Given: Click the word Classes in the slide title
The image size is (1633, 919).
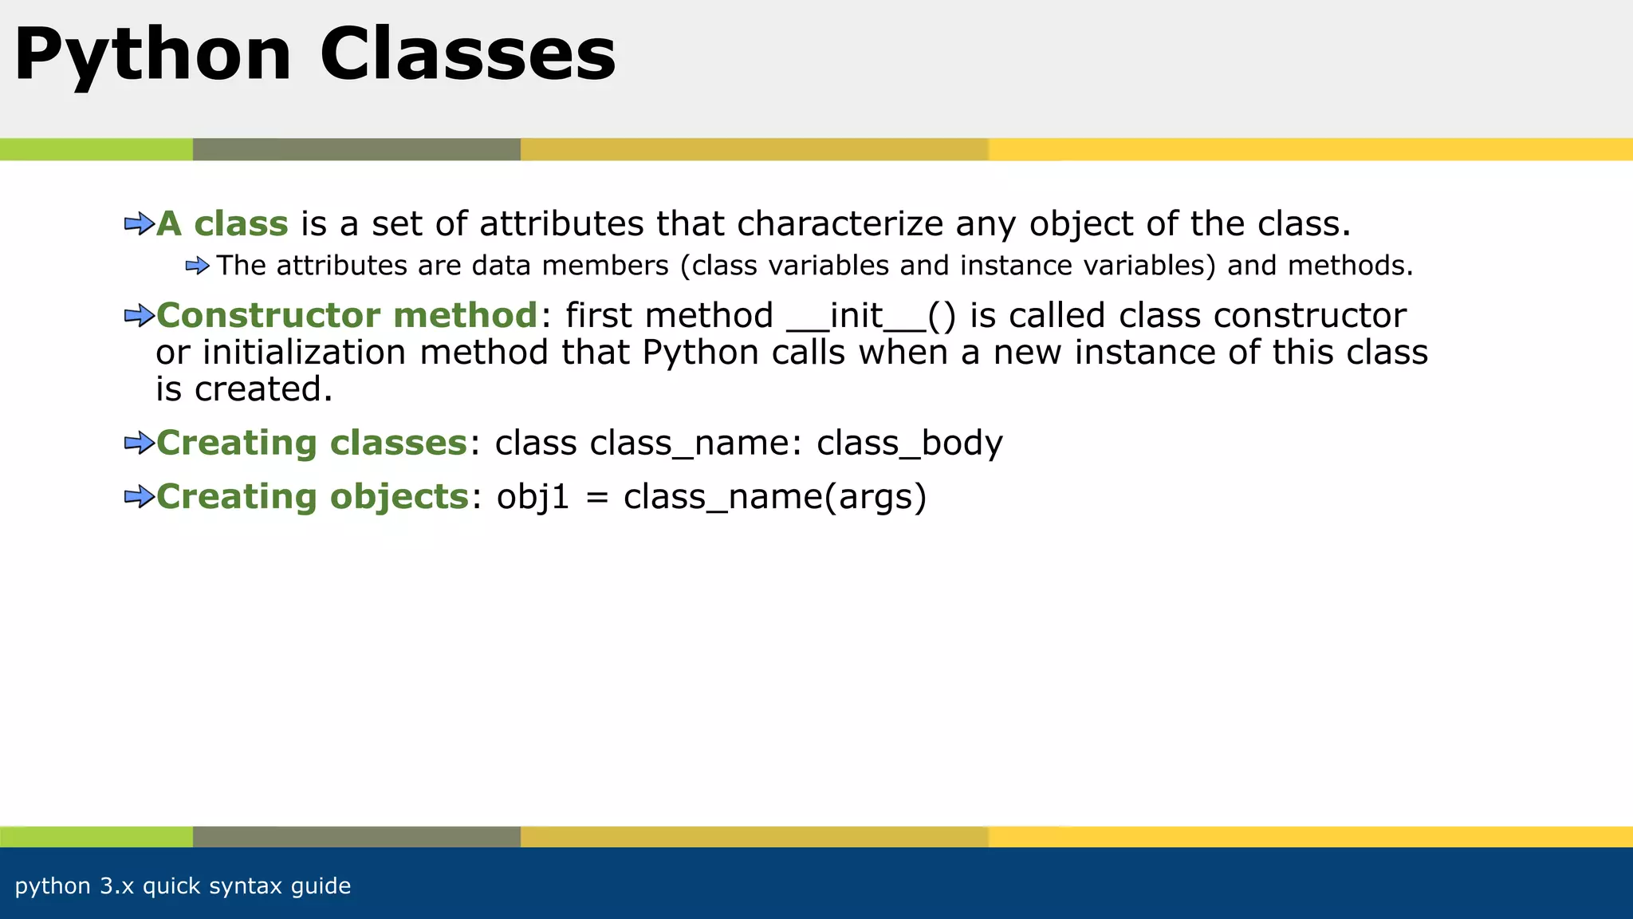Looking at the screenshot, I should pyautogui.click(x=468, y=54).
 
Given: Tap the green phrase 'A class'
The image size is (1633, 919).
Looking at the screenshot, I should pyautogui.click(x=222, y=224).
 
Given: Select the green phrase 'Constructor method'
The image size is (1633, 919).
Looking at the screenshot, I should pyautogui.click(x=347, y=316).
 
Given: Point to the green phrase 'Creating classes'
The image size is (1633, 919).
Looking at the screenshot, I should pyautogui.click(x=311, y=443).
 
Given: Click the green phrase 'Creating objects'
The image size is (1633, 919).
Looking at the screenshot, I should pyautogui.click(x=312, y=497).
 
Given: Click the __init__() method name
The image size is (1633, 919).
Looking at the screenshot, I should pyautogui.click(x=871, y=316).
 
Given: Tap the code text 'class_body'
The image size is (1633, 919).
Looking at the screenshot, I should pyautogui.click(x=910, y=444).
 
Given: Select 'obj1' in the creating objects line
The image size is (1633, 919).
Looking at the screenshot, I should pyautogui.click(x=533, y=497).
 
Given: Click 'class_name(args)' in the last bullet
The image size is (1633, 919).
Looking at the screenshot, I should pyautogui.click(x=775, y=497).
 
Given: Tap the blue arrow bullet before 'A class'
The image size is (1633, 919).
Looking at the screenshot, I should pyautogui.click(x=139, y=224).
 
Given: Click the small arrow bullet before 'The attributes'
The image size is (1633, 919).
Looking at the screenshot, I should pyautogui.click(x=197, y=266).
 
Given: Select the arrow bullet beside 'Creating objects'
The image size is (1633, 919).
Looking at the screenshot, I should pyautogui.click(x=139, y=497).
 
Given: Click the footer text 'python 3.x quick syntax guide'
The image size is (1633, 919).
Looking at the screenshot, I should pyautogui.click(x=183, y=885).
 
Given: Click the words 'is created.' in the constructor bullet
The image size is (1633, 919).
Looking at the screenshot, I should pyautogui.click(x=243, y=389).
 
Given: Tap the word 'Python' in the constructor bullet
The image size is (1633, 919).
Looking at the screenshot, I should pyautogui.click(x=700, y=353).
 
